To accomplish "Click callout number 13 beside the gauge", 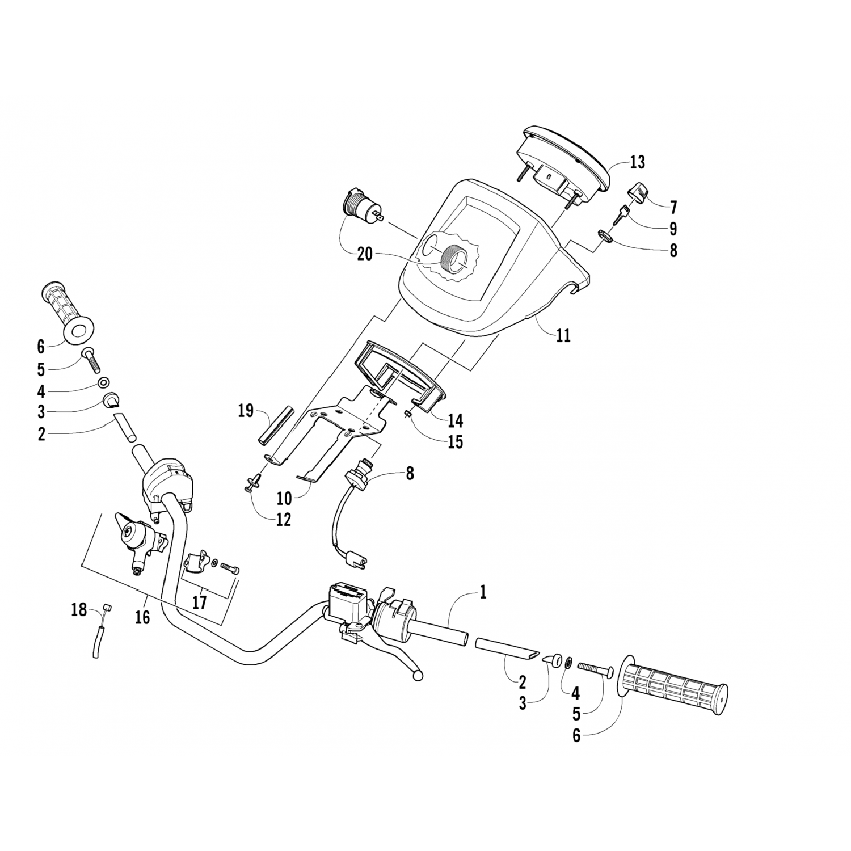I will (x=637, y=162).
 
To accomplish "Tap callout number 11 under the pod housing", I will (x=563, y=335).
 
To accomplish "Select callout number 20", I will (x=365, y=254).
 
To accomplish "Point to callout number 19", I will (x=246, y=411).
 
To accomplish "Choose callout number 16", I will (x=142, y=617).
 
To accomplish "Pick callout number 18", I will (x=79, y=610).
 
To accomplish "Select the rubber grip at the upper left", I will (x=67, y=311).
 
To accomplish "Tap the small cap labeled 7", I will (x=639, y=192).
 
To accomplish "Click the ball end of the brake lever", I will (x=419, y=676).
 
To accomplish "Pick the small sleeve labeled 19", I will (x=275, y=425).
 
